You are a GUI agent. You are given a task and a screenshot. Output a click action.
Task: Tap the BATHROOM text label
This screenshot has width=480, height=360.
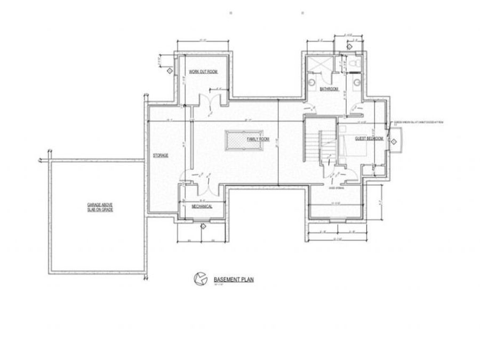(329, 89)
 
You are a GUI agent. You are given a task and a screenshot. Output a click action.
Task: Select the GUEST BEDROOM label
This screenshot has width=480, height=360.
(369, 138)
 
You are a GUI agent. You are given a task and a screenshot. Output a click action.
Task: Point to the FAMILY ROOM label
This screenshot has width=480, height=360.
(258, 139)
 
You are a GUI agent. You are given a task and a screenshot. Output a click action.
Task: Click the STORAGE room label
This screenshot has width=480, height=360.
(161, 155)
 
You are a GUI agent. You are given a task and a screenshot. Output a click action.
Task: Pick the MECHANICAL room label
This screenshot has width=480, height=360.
(202, 206)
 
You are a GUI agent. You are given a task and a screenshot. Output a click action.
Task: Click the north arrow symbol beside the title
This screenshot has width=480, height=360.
(199, 278)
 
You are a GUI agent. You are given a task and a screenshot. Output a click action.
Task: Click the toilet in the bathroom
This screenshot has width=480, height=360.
(355, 65)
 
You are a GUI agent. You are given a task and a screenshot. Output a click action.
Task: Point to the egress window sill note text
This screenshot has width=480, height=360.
(419, 122)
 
